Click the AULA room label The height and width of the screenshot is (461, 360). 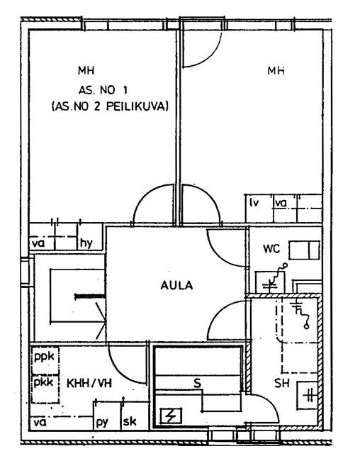(x=176, y=285)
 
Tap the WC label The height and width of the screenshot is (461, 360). (x=271, y=249)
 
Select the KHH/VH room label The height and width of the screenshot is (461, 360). (x=89, y=384)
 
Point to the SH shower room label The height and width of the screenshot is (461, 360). (x=282, y=383)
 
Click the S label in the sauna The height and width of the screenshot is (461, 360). (x=198, y=383)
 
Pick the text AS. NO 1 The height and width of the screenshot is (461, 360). (x=103, y=90)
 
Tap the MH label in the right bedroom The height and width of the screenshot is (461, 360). (x=276, y=71)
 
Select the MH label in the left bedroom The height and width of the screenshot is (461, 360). (x=86, y=70)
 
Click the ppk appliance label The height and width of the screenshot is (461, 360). (x=44, y=357)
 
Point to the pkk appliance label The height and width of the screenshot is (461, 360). (x=44, y=383)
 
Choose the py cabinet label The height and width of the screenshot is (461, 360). (x=102, y=423)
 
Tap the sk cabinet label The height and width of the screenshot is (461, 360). (x=130, y=421)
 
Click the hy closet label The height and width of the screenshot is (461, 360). (x=86, y=243)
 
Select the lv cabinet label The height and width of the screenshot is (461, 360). (x=254, y=203)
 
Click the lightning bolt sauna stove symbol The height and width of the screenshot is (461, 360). (x=171, y=416)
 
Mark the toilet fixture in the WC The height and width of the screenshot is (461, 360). (x=304, y=250)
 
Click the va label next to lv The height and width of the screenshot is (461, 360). (x=281, y=203)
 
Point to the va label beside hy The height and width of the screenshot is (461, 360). (x=38, y=243)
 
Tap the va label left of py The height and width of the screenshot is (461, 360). (x=40, y=423)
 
